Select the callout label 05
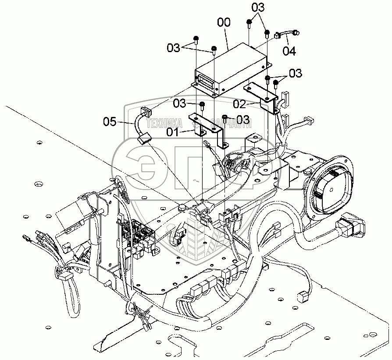point(110,121)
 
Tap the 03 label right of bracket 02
point(296,73)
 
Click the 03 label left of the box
point(174,48)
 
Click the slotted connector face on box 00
point(205,80)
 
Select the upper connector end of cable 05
point(144,113)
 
